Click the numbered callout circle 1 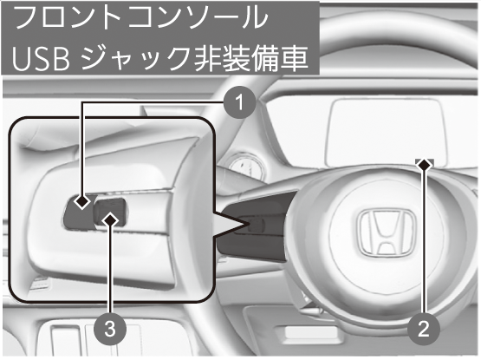[x=239, y=102]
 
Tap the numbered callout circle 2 [x=424, y=330]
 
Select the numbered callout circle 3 [x=110, y=330]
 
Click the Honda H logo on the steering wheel [x=387, y=233]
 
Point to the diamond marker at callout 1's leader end [x=82, y=202]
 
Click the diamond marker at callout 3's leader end [x=110, y=219]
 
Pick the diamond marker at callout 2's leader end [x=424, y=164]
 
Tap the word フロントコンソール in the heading [x=142, y=19]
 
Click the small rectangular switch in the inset [x=110, y=213]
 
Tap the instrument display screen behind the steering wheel [x=384, y=133]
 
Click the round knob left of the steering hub [x=244, y=166]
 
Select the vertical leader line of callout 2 [x=424, y=242]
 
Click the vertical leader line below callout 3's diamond [x=110, y=271]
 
